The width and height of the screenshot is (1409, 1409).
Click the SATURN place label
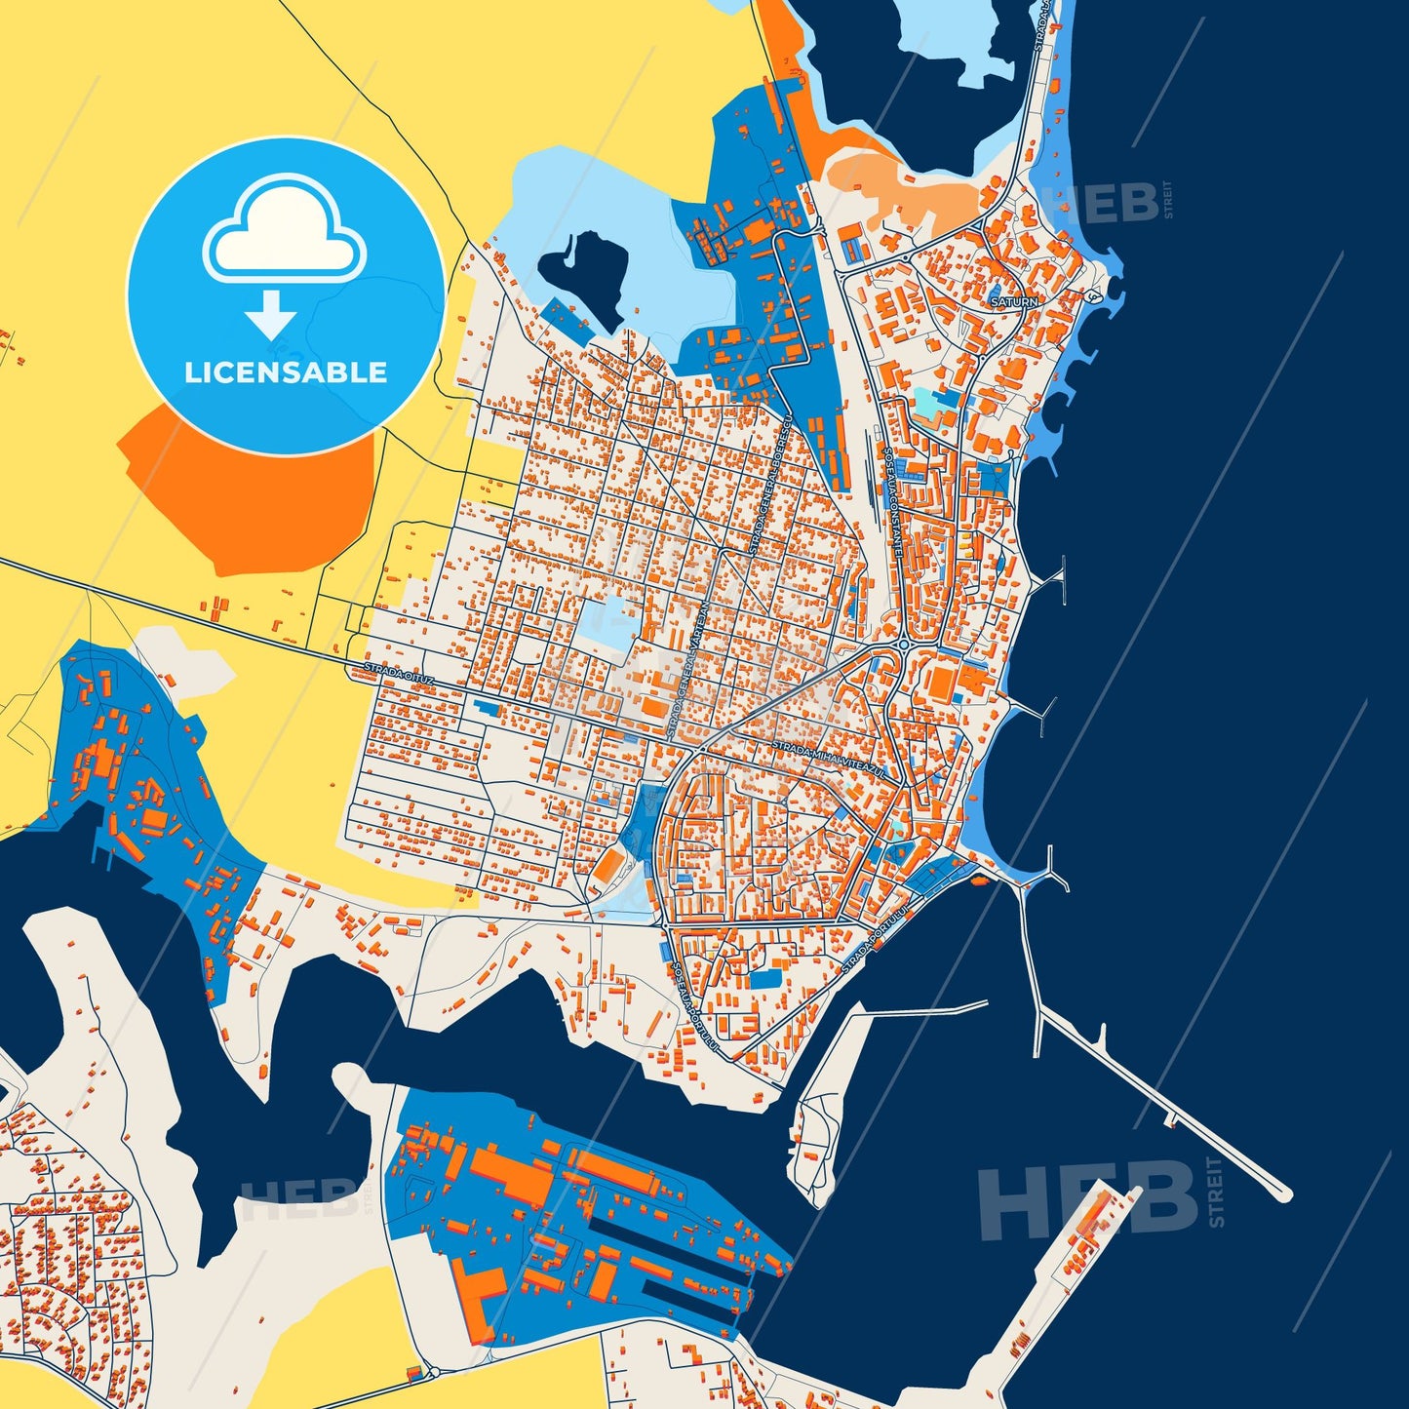coord(1014,302)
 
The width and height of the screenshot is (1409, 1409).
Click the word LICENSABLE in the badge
coord(286,372)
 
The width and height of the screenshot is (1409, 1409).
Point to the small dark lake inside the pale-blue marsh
coord(586,273)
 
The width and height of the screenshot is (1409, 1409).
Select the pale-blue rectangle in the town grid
coord(607,621)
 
